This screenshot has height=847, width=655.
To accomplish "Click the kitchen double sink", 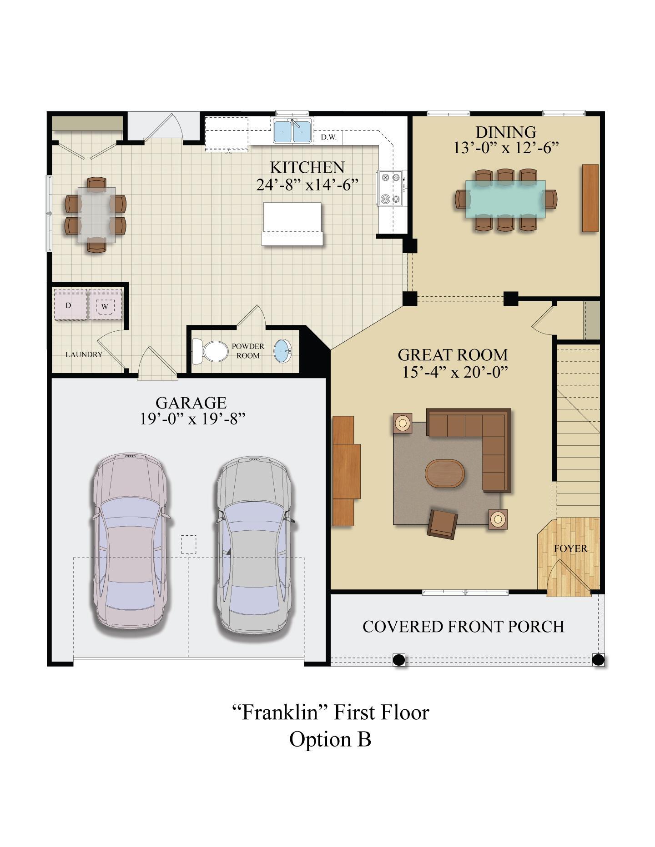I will (x=292, y=131).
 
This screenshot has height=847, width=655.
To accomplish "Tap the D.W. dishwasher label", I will (x=328, y=137).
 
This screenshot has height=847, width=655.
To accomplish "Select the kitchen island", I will (x=292, y=223).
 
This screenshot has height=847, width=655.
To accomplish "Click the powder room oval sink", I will (x=283, y=351).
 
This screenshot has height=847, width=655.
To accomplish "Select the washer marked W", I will (x=105, y=306).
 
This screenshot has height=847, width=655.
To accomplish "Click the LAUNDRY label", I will (x=84, y=354).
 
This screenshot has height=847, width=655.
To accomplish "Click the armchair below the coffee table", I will (x=443, y=523).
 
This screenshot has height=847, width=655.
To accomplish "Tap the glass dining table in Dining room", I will (x=505, y=199).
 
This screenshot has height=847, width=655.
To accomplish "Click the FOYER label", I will (x=570, y=548).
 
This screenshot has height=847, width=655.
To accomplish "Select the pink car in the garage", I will (x=130, y=541).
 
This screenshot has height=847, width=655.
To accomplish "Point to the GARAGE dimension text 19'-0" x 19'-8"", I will (x=192, y=419).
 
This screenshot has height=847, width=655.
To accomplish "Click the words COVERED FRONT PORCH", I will (x=463, y=627).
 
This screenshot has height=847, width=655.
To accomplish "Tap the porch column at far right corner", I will (x=598, y=659).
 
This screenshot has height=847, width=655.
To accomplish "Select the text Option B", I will (x=330, y=739).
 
